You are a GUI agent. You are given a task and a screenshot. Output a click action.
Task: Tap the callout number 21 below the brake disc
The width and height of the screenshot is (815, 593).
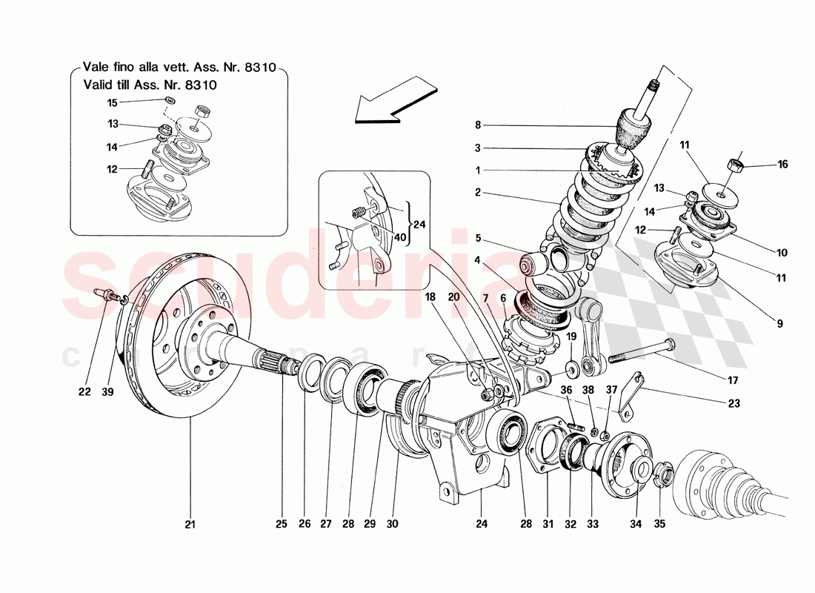point(190,525)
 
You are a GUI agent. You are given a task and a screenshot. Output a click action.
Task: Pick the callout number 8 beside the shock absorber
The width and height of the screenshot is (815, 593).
point(479,125)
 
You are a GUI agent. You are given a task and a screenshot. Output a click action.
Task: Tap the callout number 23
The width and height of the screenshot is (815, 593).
point(733,404)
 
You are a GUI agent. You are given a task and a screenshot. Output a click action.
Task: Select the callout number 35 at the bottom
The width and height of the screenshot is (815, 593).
point(659,525)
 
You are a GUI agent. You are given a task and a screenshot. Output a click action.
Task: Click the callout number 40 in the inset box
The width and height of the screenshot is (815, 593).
point(401,237)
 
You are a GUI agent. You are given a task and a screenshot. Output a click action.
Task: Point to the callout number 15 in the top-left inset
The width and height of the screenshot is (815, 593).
point(112,102)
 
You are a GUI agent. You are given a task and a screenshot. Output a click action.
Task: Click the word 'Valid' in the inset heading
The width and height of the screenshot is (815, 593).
point(99,85)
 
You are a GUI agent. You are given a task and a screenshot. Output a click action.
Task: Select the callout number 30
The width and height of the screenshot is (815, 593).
point(392,525)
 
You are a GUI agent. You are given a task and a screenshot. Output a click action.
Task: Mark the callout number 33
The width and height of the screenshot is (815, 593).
point(592,525)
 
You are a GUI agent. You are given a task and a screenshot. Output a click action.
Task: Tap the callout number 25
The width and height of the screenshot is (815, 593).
point(281,525)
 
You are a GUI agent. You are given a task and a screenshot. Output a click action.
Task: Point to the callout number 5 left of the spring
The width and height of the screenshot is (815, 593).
point(479,239)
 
